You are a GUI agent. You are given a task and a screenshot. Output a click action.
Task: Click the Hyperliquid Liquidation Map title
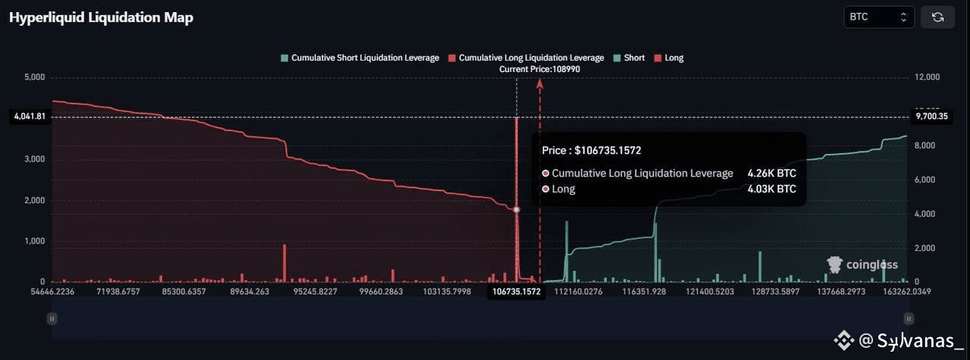[101, 17]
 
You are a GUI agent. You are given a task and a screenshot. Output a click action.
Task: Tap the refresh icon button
[937, 17]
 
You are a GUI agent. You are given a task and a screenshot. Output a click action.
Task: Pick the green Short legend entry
[629, 58]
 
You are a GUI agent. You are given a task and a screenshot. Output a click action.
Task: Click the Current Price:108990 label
[540, 69]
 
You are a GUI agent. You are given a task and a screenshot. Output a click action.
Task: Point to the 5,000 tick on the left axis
[35, 77]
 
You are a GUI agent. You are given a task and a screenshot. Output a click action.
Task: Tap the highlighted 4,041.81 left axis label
[30, 117]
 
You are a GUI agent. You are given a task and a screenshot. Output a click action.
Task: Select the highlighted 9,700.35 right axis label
[931, 117]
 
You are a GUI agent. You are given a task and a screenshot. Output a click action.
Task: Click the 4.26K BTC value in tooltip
[771, 174]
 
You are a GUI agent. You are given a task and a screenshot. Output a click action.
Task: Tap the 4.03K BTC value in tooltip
[771, 189]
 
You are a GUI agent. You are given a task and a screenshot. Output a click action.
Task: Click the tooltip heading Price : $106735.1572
[597, 151]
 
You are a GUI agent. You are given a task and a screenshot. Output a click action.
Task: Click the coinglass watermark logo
[862, 265]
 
